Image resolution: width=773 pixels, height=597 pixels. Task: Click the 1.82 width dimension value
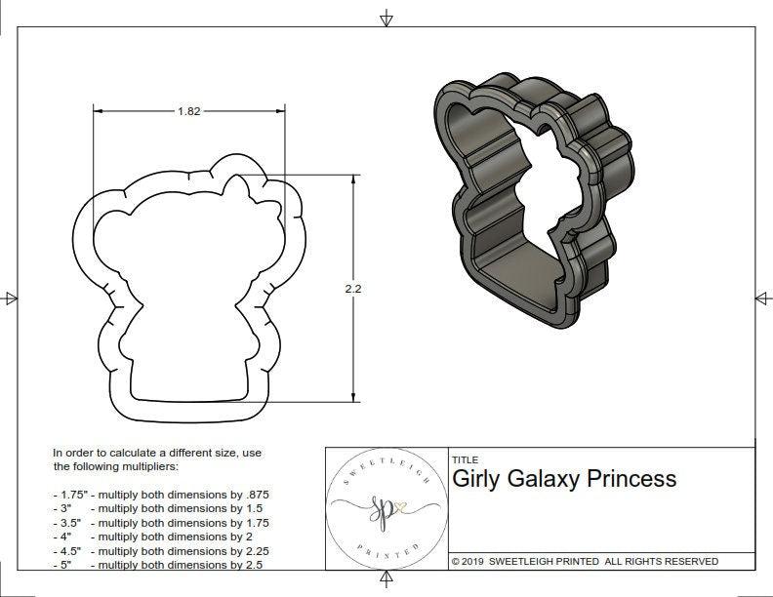(x=189, y=111)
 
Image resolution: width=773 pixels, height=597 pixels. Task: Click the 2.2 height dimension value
(x=352, y=289)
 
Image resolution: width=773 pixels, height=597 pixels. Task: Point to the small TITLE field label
(x=464, y=460)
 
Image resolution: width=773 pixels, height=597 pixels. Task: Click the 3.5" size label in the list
(x=70, y=523)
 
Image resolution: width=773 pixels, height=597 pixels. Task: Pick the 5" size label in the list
(x=66, y=564)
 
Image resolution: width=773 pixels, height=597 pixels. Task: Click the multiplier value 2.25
(x=253, y=550)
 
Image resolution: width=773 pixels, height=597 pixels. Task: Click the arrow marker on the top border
(x=386, y=18)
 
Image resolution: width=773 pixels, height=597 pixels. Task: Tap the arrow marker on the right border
(x=759, y=298)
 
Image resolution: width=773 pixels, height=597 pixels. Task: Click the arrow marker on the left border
(x=12, y=298)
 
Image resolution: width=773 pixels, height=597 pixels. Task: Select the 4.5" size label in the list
(x=70, y=550)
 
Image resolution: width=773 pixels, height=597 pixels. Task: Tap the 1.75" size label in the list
(x=72, y=496)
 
